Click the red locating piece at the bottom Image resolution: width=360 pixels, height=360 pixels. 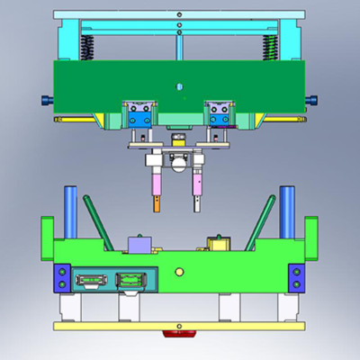179,332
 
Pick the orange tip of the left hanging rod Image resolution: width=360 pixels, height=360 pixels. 158,204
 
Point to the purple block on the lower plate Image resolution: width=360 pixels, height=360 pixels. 139,245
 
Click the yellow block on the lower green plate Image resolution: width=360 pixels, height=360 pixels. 217,244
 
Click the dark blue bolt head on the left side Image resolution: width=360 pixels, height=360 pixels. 46,99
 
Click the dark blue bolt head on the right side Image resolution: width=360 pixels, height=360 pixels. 312,99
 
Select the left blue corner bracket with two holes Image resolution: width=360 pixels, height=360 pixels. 61,278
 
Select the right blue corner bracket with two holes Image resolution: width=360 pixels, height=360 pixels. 295,278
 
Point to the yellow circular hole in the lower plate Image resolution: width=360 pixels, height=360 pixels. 179,270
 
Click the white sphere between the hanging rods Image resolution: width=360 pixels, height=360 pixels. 177,161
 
